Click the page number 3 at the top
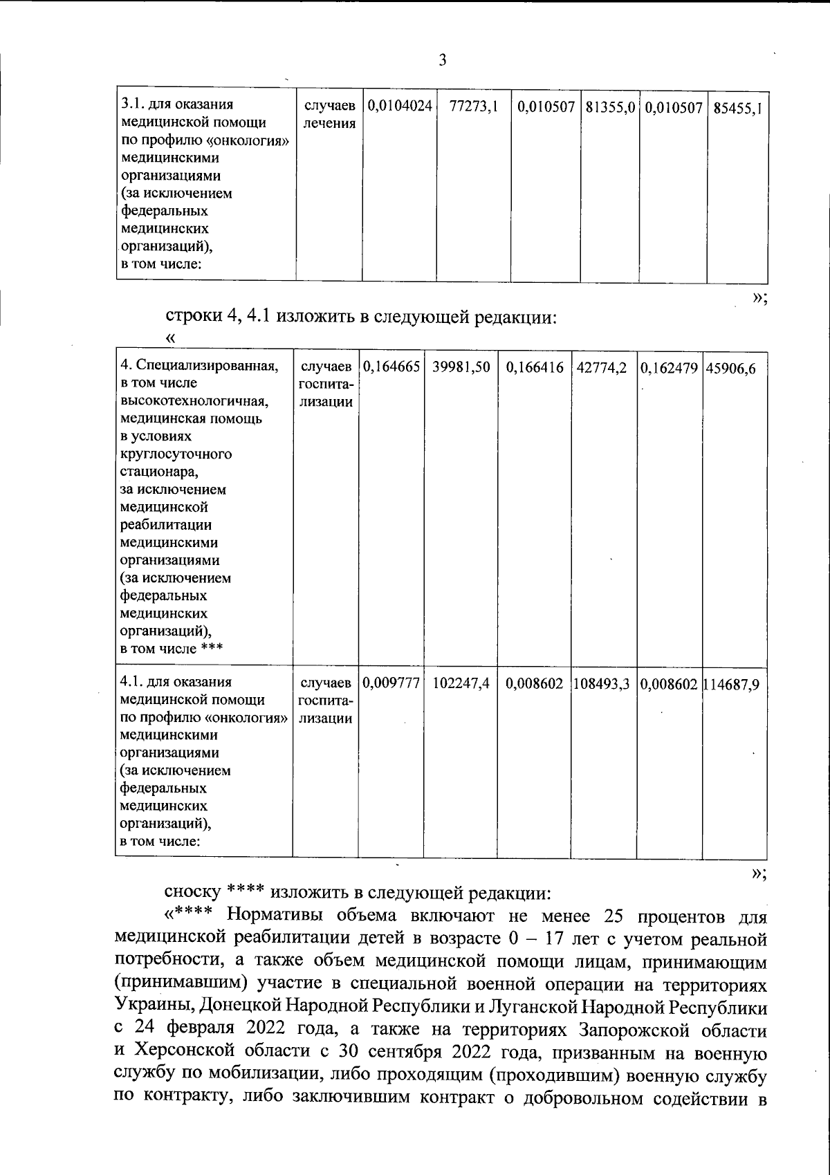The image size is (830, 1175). pos(443,60)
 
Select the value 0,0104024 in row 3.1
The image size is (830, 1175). pos(400,107)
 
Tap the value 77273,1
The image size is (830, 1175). pos(474,107)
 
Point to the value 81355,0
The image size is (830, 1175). pos(610,107)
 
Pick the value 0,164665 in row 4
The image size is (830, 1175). pos(391,368)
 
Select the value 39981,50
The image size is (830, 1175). pos(461,368)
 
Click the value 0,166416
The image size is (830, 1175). pos(535,368)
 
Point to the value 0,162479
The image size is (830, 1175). pos(669,368)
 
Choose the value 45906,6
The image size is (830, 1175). pos(732,368)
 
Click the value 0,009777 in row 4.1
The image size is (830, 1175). pos(391,683)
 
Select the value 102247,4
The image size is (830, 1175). pos(461,683)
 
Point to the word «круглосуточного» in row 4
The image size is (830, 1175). pos(176,454)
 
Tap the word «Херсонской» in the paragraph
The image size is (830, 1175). pos(185,1053)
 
